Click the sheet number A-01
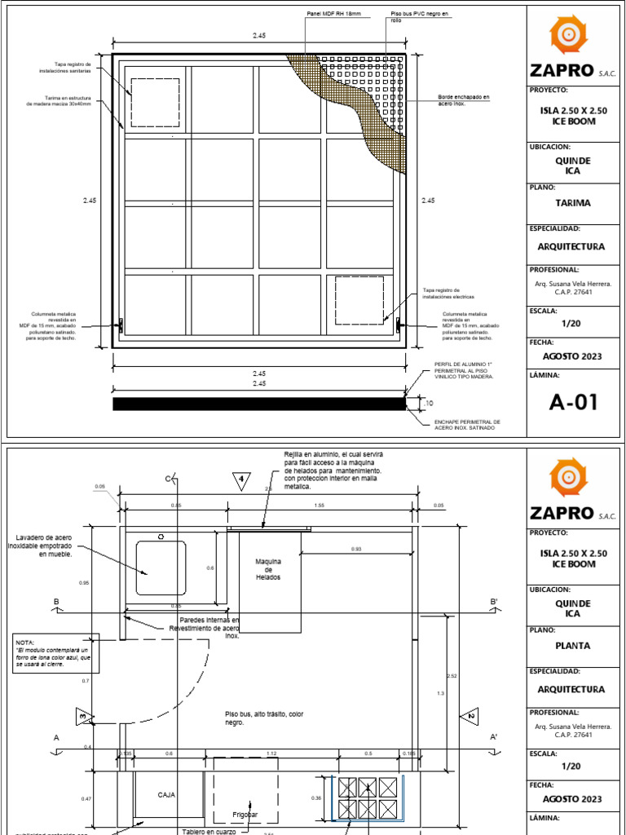(574, 402)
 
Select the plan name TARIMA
(573, 203)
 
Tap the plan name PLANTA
(573, 646)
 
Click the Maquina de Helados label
(267, 569)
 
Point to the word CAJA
(167, 794)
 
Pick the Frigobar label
(245, 814)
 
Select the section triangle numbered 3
(84, 717)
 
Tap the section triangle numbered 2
(470, 717)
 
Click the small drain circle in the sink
(161, 537)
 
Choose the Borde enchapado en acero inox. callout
(464, 100)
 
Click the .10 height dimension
(429, 403)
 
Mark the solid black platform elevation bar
(258, 403)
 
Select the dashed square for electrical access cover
(359, 299)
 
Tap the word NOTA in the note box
(25, 643)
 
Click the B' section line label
(494, 603)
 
